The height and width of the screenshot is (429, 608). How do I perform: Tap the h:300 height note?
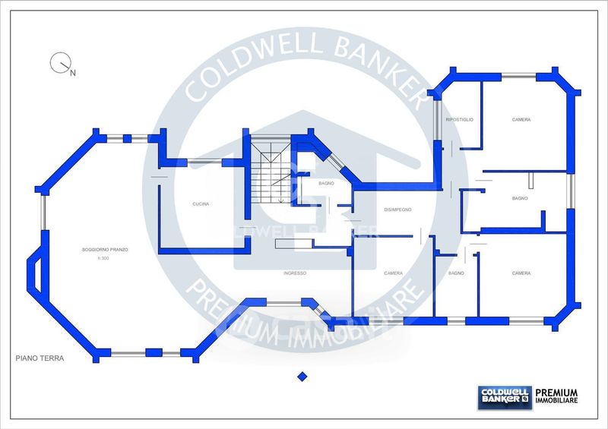click(104, 259)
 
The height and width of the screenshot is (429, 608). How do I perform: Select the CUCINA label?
click(201, 204)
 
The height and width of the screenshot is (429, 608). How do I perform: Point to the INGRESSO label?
click(294, 273)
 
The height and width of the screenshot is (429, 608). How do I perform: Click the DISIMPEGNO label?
click(397, 210)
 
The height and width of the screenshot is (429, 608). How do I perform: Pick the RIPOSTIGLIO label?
click(459, 120)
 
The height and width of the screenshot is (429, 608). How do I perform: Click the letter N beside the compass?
click(73, 74)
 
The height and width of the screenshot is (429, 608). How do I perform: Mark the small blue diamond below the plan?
click(302, 376)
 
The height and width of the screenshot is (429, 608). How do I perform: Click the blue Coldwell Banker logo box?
click(504, 396)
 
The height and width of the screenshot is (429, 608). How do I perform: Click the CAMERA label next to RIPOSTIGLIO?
click(521, 120)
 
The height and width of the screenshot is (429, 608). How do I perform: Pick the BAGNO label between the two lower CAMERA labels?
click(456, 273)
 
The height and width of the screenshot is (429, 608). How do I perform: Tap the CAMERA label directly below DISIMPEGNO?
click(393, 273)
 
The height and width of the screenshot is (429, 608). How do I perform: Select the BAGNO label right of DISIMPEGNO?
click(520, 198)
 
